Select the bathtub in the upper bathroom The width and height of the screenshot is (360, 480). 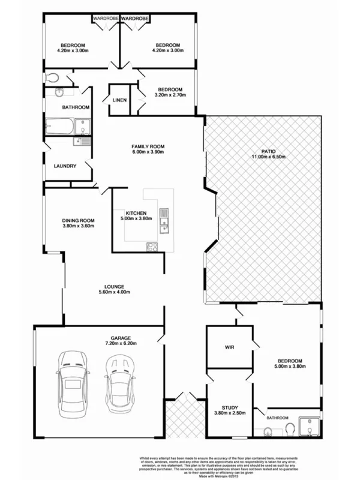59,127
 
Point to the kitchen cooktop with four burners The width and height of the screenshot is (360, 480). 152,246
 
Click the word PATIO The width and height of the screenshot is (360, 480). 268,151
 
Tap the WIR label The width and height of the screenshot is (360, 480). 229,348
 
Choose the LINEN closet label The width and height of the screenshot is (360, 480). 119,100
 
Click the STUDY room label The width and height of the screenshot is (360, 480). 229,406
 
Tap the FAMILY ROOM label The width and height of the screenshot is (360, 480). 148,146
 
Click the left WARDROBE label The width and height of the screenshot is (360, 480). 105,19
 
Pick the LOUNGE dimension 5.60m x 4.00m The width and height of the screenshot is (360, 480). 113,292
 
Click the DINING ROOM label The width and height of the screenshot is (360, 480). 79,220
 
